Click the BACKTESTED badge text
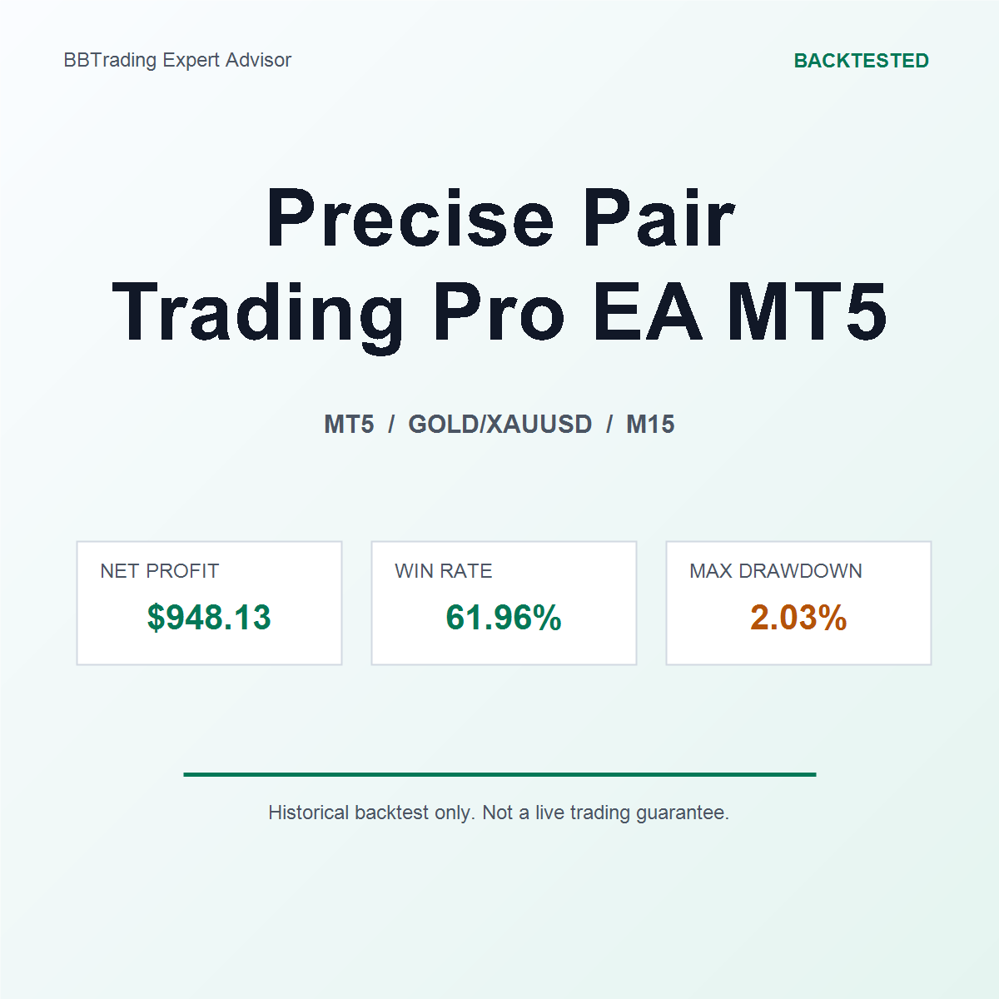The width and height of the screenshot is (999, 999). coord(861,61)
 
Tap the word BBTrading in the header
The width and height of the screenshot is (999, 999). coord(110,61)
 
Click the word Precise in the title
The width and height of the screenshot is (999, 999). coord(410,217)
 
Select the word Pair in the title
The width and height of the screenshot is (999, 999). coord(659,217)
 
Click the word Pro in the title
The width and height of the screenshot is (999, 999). coord(499,312)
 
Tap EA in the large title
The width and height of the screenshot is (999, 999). coord(647,312)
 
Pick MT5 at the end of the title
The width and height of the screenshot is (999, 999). coord(807,312)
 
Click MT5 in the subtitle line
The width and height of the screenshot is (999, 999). coord(349,424)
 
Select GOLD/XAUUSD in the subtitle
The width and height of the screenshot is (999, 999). coord(499,424)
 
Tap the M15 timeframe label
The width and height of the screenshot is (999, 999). coord(650,424)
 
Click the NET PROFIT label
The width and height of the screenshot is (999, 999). coord(159,571)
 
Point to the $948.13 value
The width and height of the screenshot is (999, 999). coord(209,618)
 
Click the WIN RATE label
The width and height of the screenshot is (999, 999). coord(443,571)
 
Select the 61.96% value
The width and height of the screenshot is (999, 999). coord(504,618)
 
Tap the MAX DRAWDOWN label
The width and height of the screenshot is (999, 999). coord(776,571)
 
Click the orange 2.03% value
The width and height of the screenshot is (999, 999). coord(798,618)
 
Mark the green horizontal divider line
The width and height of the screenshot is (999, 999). coord(499,774)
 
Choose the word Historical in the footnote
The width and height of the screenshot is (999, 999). coord(309,813)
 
